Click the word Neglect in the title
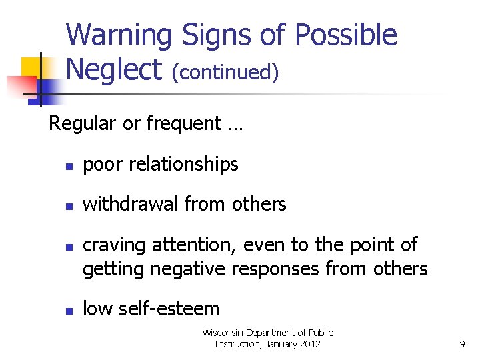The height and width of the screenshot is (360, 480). [x=114, y=69]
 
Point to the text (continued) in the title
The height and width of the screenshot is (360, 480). [x=225, y=72]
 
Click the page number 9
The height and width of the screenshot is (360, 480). [x=462, y=344]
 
